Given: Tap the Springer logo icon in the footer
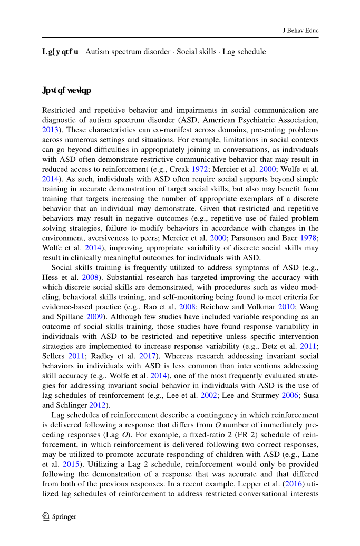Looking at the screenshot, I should point(46,516).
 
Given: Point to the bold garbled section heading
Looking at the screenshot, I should point(66,91).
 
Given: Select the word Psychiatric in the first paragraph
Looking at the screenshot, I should point(245,120).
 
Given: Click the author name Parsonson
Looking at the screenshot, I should point(243,238).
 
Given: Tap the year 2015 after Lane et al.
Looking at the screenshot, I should point(70,464).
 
